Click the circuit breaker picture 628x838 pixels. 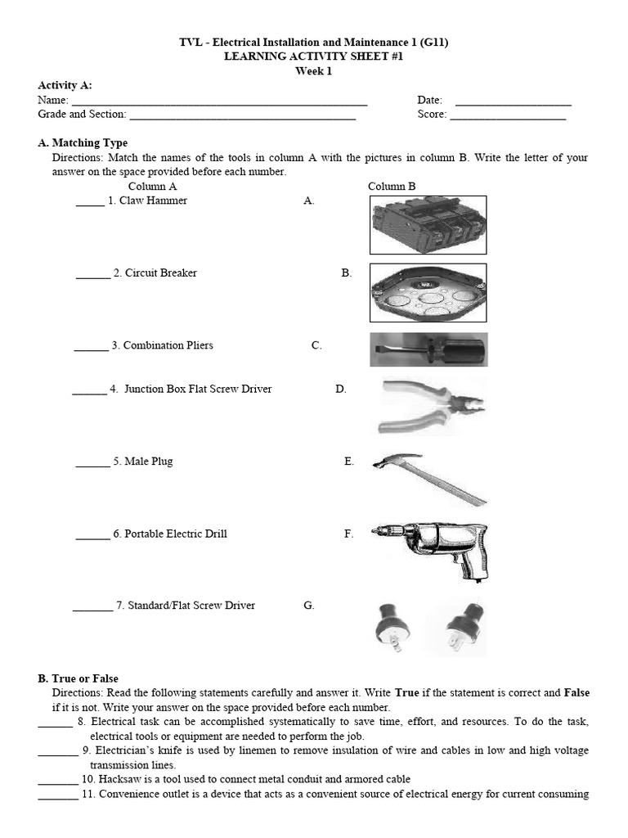click(428, 225)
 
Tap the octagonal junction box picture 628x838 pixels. click(428, 292)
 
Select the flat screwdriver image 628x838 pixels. click(428, 349)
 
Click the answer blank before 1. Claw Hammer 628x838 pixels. click(90, 202)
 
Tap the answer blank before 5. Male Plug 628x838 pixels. click(92, 463)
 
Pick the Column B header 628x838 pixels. click(392, 187)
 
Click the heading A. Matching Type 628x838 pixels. click(83, 143)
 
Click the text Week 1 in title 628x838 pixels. click(314, 71)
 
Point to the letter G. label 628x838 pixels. click(308, 606)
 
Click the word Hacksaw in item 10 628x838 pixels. click(118, 779)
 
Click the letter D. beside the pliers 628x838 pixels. click(341, 390)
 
